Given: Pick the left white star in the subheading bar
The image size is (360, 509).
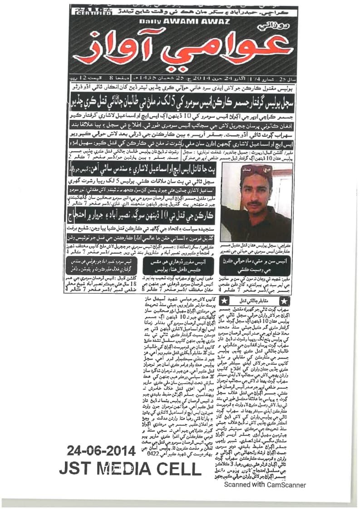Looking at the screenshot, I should click(223, 301).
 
